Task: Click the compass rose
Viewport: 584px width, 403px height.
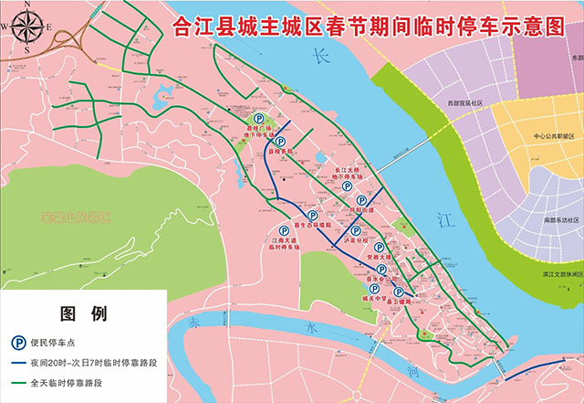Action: pos(28,27)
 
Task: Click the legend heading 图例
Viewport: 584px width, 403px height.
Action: pos(83,314)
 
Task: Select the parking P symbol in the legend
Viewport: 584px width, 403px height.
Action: pos(17,343)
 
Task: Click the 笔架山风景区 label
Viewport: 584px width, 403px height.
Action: pos(76,218)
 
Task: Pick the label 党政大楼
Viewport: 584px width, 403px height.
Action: pos(377,259)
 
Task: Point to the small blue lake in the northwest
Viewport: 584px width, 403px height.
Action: pos(165,93)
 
